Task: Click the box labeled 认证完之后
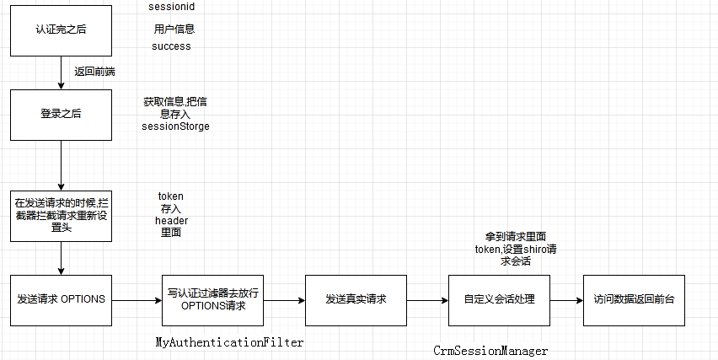(61, 30)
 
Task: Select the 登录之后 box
(61, 114)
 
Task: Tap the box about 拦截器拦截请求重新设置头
(61, 215)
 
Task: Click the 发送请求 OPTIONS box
(61, 299)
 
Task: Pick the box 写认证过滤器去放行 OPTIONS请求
(212, 299)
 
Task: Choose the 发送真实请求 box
(356, 299)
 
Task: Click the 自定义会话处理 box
(499, 299)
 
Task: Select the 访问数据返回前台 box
(633, 299)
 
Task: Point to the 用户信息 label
(174, 30)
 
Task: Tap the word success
(171, 46)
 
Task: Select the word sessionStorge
(175, 126)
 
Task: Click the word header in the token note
(171, 220)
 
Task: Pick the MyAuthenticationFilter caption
(230, 342)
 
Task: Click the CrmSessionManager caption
(490, 350)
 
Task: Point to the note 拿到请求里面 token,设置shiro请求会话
(516, 249)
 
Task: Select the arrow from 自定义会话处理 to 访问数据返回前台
(565, 299)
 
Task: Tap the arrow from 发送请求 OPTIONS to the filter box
(137, 299)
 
